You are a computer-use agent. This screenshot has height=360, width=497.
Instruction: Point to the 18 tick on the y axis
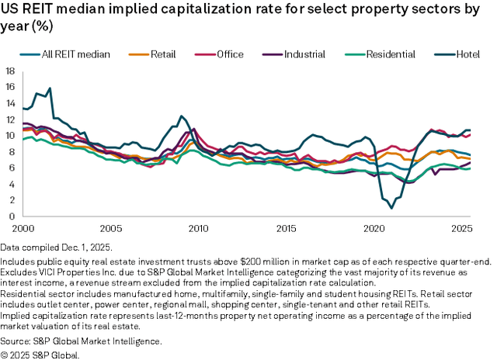(x=10, y=71)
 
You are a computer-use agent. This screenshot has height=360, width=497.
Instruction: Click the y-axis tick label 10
(x=10, y=136)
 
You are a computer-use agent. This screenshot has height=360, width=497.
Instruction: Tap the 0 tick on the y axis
(x=12, y=216)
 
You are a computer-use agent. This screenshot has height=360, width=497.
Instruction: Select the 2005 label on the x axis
(x=111, y=230)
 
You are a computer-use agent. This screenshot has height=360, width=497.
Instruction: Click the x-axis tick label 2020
(x=374, y=230)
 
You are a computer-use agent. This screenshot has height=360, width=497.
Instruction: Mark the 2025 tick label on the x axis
(x=462, y=230)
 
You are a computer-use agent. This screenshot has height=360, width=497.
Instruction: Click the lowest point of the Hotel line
(x=391, y=208)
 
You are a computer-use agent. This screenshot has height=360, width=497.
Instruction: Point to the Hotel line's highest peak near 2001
(x=50, y=88)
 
